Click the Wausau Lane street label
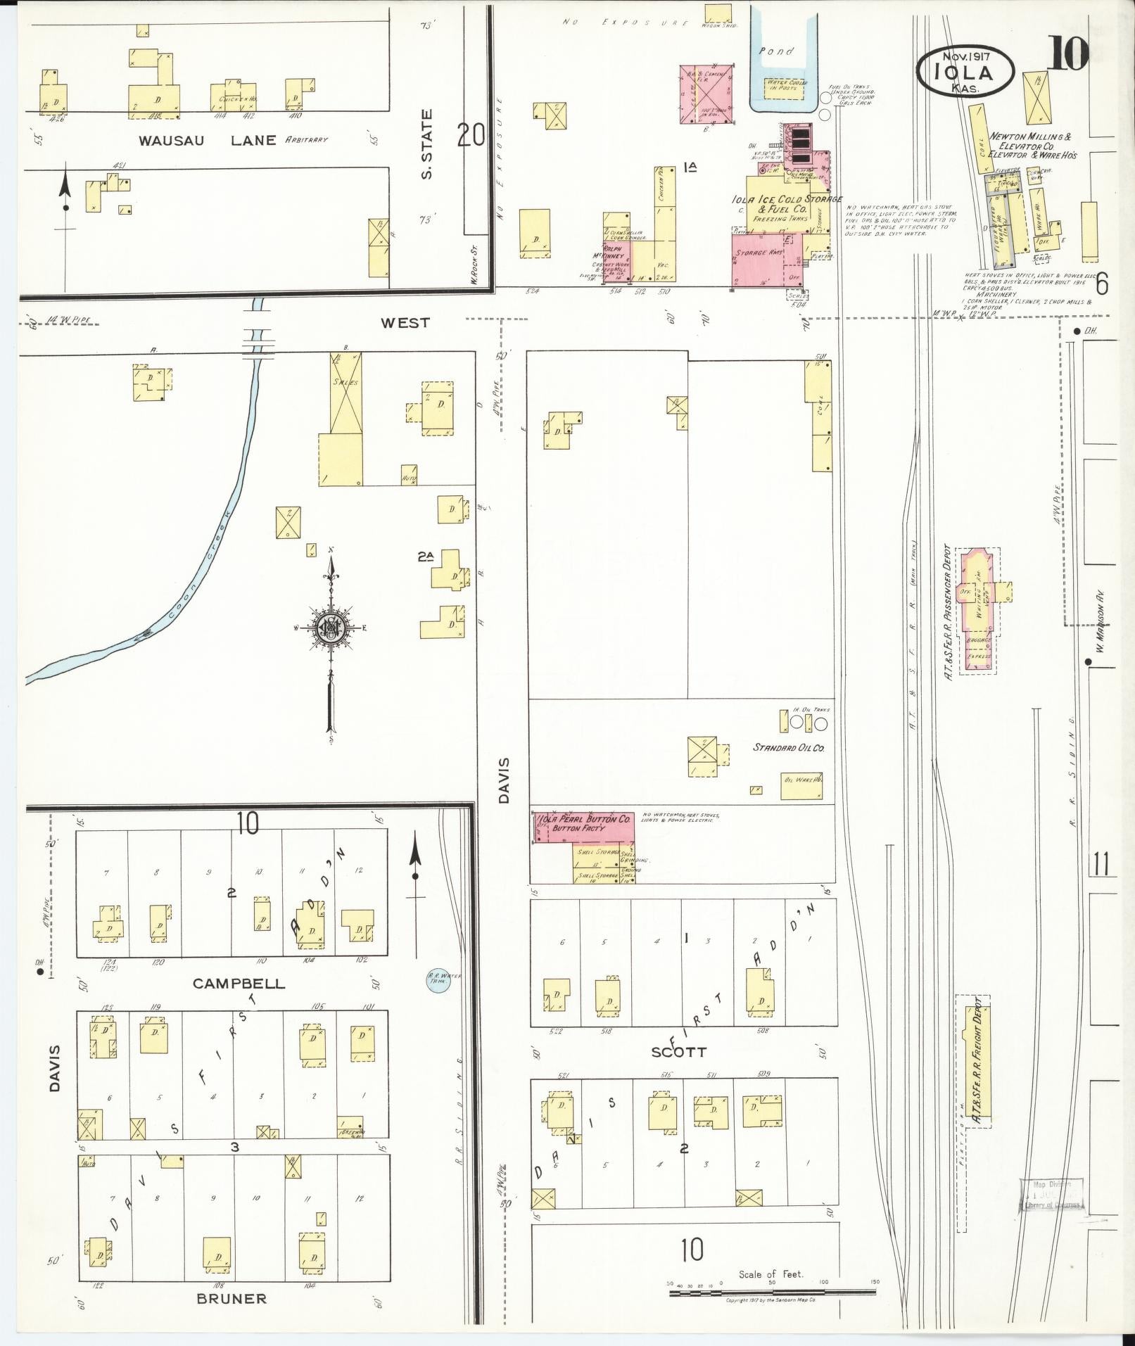207,140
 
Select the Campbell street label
239,984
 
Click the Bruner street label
232,1299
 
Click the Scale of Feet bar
772,1293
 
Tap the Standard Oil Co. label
788,747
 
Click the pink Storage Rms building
766,261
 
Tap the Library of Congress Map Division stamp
1051,1195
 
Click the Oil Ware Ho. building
801,785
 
